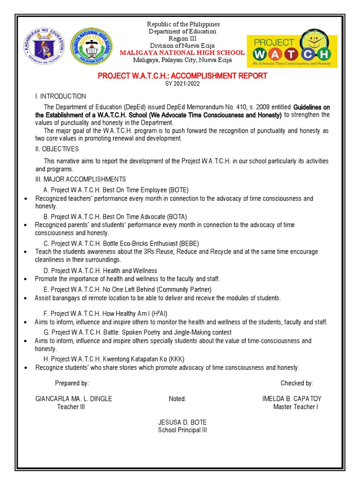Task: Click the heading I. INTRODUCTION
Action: coord(60,96)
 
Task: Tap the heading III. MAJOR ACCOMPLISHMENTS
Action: coord(81,180)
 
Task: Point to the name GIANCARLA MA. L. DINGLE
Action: coord(74,398)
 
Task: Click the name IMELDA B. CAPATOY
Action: coord(292,398)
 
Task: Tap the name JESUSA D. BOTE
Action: coord(182,422)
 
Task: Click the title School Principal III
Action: coord(182,430)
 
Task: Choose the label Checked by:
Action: coord(297,383)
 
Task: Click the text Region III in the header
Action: coord(182,38)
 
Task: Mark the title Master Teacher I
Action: coord(295,406)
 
